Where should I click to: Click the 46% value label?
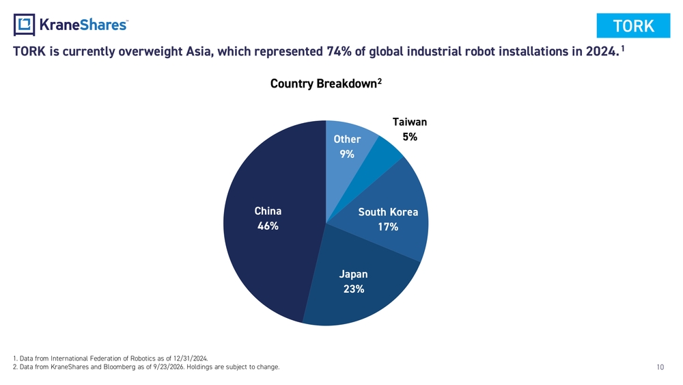tap(268, 226)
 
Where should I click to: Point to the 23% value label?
tap(354, 289)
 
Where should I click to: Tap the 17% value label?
tap(388, 227)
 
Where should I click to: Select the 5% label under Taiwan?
tap(410, 137)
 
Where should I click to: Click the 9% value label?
tap(347, 154)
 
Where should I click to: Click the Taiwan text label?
tap(410, 122)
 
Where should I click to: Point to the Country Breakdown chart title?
tap(326, 83)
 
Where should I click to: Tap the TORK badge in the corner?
tap(633, 26)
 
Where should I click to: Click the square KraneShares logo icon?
tap(24, 25)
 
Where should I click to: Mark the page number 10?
tap(660, 367)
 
